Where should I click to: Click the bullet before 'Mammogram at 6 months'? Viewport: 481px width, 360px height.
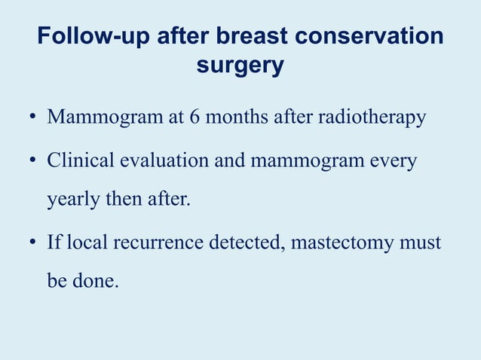point(34,119)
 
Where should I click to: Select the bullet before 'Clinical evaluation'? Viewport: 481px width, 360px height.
point(34,162)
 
